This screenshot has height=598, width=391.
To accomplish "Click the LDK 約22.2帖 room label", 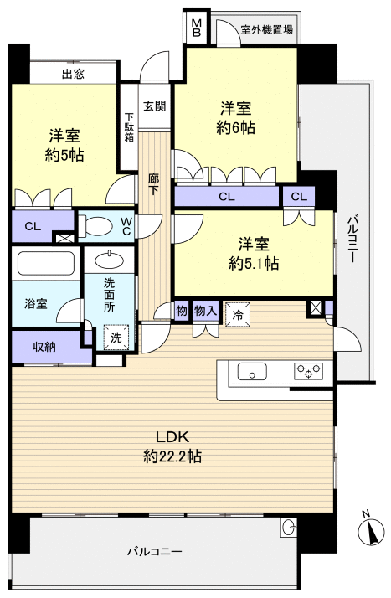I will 172,446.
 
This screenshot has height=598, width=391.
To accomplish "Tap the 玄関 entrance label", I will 154,106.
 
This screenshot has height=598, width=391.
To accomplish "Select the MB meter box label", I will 197,28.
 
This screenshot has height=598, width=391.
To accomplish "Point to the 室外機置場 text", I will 266,30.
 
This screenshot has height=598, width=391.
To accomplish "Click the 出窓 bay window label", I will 73,74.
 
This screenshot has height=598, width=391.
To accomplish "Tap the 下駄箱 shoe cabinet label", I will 129,127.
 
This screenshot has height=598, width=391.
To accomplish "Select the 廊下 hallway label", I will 154,184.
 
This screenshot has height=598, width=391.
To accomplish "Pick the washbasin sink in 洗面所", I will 107,259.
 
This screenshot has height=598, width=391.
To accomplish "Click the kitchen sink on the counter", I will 251,371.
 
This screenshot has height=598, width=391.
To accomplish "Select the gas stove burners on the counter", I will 307,371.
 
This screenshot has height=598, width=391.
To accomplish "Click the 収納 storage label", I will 45,347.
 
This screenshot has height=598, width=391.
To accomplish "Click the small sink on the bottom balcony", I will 289,528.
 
